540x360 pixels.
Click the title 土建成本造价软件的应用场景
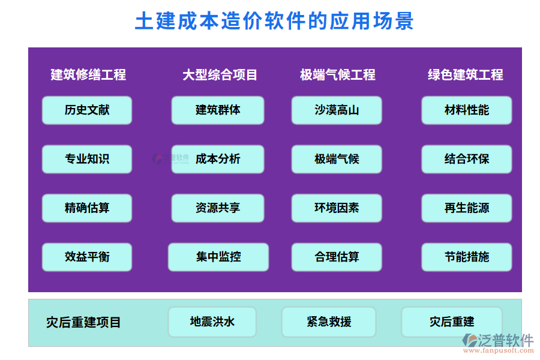(x=274, y=22)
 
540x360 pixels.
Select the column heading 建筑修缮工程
(x=88, y=75)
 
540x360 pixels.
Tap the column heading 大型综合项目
(x=220, y=75)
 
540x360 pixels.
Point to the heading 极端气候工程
(x=337, y=75)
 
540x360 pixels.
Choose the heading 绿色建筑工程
(x=465, y=75)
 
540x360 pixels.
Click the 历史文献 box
(x=87, y=110)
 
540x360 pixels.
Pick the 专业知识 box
(x=87, y=159)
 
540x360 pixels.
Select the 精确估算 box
(x=87, y=208)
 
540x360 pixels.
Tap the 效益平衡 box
(x=87, y=257)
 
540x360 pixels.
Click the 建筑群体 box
(x=218, y=110)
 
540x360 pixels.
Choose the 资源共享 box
(x=218, y=208)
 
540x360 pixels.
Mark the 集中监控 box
(x=218, y=257)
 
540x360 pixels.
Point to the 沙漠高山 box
(x=337, y=110)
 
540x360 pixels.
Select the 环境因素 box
(x=337, y=208)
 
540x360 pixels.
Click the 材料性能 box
(x=466, y=110)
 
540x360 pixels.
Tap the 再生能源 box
(x=466, y=208)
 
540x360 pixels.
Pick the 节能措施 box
(x=466, y=257)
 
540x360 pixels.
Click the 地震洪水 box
(x=212, y=322)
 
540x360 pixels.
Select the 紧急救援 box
(x=328, y=322)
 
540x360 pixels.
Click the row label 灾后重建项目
(x=83, y=323)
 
